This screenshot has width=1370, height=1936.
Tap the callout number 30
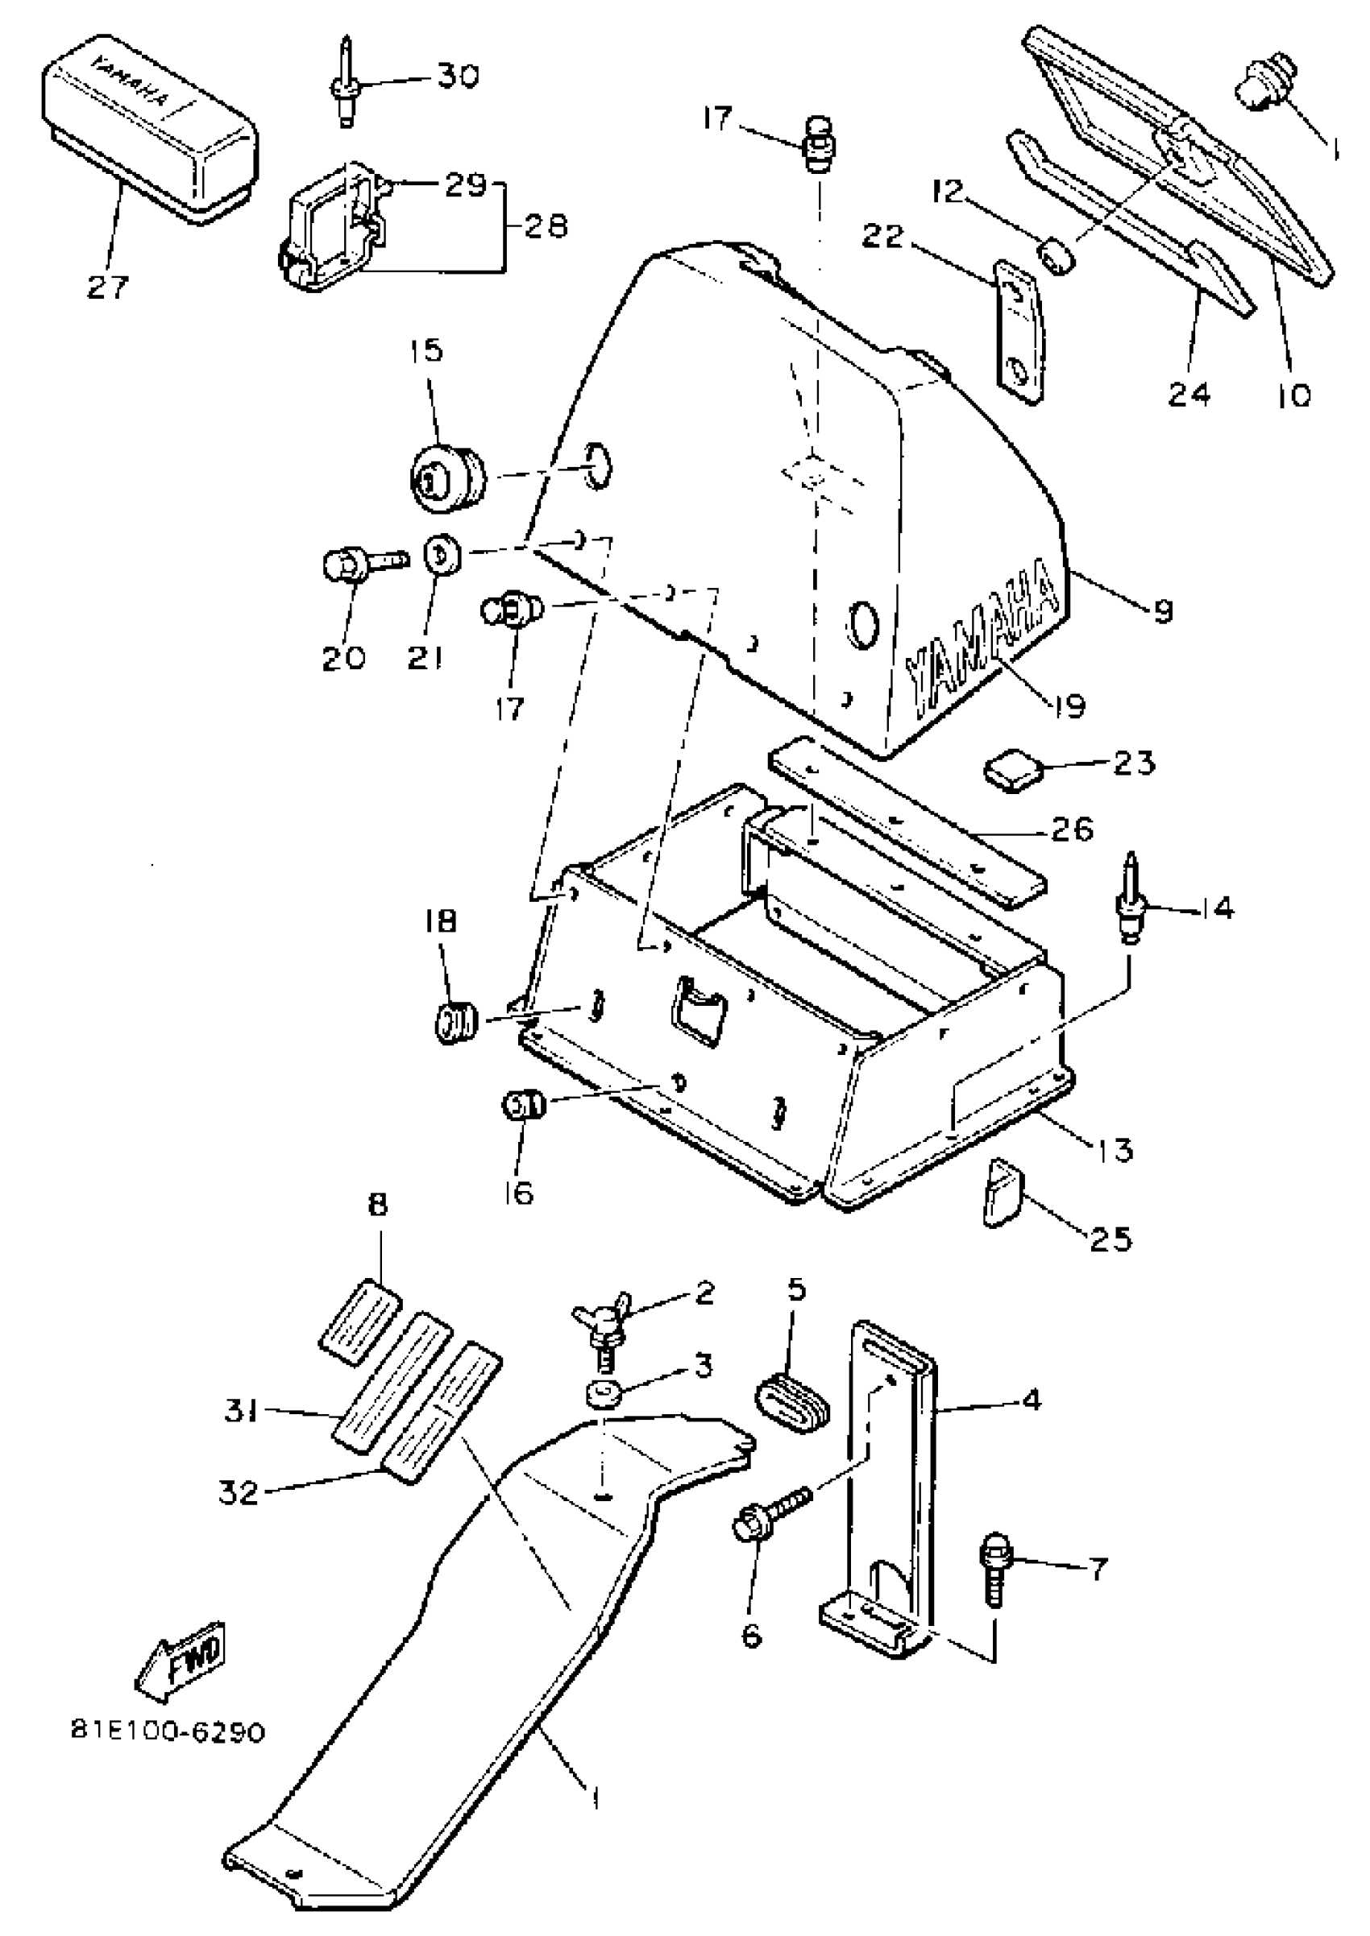click(456, 77)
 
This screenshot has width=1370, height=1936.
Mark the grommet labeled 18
click(456, 1023)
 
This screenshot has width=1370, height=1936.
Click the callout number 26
click(1071, 829)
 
